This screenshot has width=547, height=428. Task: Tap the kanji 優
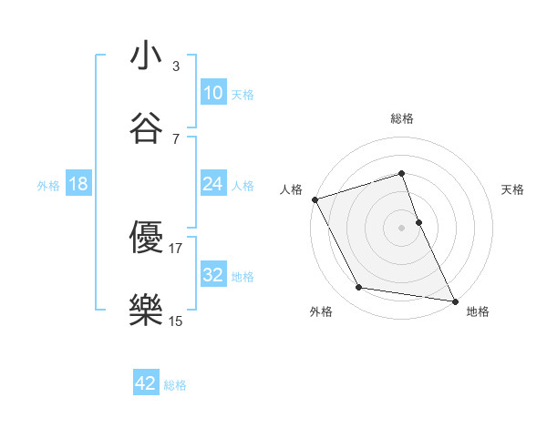[x=146, y=239]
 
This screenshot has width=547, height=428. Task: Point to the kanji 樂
[x=146, y=311]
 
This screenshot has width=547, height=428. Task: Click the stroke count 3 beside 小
[x=175, y=66]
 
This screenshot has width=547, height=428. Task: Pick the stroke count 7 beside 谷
[x=175, y=138]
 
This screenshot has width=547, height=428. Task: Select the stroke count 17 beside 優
[x=175, y=248]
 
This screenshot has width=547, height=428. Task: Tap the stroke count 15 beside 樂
[x=175, y=320]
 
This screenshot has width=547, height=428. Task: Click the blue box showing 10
[x=213, y=93]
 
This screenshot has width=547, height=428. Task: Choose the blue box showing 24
[x=213, y=184]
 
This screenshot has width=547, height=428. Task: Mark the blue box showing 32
[x=213, y=275]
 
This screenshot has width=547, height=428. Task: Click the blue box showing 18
[x=78, y=184]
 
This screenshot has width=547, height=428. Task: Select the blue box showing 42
[x=146, y=383]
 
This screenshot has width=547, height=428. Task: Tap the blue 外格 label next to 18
[x=48, y=185]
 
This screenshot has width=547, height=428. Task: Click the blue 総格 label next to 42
[x=175, y=384]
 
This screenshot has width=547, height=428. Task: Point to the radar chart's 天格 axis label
[x=513, y=189]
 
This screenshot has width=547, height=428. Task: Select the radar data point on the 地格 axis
[x=454, y=300]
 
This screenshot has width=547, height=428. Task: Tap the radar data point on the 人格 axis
[x=315, y=199]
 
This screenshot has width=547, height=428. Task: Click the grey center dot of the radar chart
[x=401, y=227]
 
